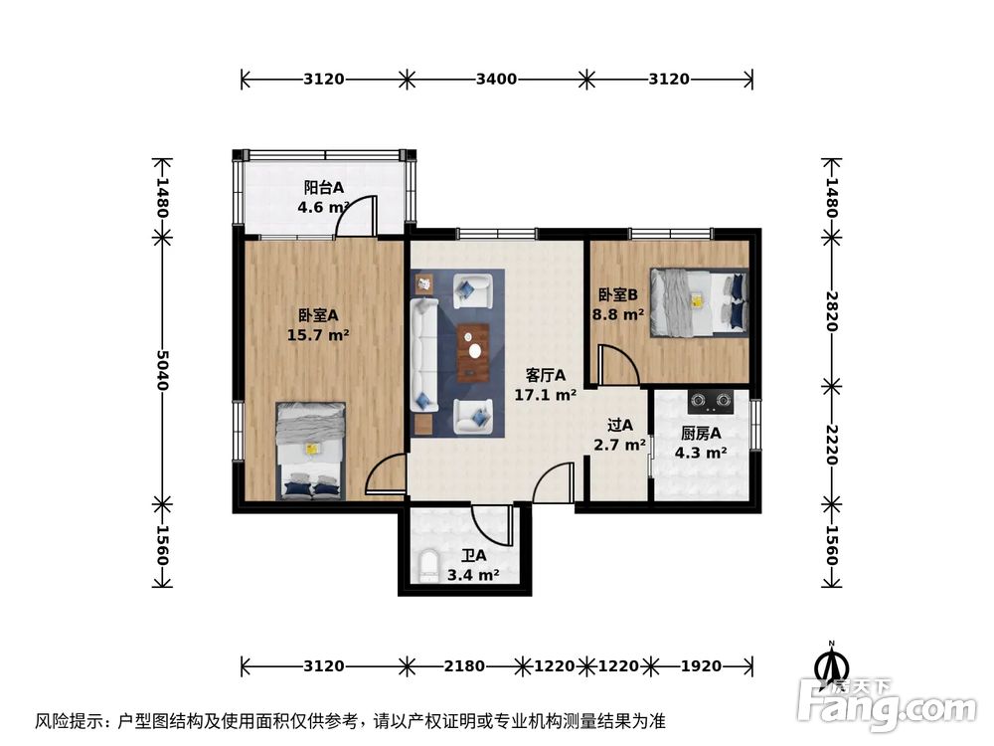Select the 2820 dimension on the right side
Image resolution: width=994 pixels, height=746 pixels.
[x=831, y=310]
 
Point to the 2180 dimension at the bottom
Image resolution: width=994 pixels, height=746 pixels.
[x=460, y=665]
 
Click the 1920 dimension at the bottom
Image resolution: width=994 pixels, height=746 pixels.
[x=701, y=665]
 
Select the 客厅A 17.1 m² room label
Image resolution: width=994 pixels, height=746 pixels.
[x=546, y=385]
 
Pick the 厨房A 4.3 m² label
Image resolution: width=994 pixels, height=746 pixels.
[x=702, y=443]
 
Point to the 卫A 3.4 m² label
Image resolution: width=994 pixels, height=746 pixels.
[x=473, y=566]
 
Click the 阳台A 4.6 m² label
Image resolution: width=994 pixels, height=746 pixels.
[x=323, y=197]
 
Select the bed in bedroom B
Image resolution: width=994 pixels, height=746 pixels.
[x=698, y=301]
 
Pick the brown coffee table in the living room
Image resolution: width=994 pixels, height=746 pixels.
[x=473, y=353]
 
